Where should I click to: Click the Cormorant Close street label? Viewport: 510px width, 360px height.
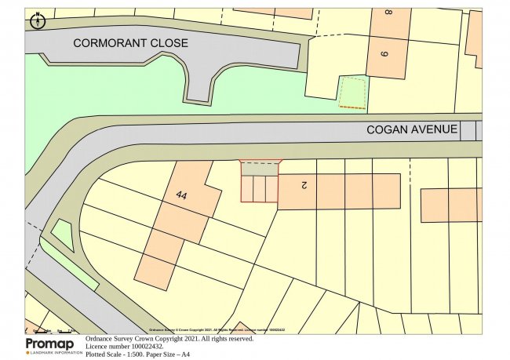tap(130, 43)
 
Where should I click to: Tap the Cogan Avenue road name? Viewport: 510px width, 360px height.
tap(412, 129)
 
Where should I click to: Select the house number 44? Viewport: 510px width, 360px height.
tap(182, 194)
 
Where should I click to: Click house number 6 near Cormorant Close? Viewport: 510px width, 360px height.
tap(384, 54)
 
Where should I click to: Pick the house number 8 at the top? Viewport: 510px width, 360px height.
tap(388, 13)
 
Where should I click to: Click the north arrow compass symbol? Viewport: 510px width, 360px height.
tap(36, 22)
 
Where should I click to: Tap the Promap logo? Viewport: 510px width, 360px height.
tap(50, 344)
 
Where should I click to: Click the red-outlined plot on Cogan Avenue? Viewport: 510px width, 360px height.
tap(260, 182)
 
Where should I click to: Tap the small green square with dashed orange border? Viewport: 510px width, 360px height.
tap(352, 92)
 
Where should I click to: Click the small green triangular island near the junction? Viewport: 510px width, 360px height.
tap(62, 234)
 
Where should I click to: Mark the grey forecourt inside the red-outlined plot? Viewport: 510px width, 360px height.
tap(260, 169)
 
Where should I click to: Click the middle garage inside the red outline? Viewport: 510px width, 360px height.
tap(259, 189)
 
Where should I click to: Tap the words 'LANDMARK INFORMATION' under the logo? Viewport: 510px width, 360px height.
tap(53, 353)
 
